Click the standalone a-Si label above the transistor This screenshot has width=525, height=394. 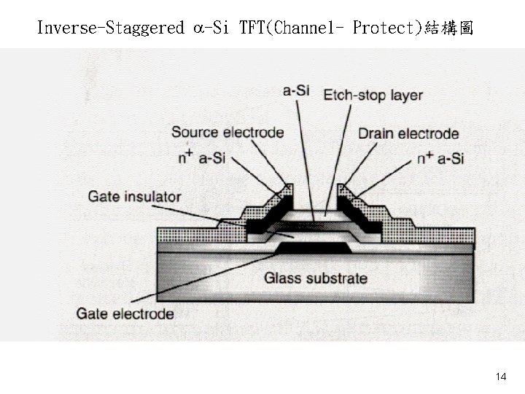pos(296,91)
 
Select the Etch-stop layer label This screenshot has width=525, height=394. pos(373,95)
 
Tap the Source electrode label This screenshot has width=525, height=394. pos(227,132)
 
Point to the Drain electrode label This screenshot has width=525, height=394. pos(408,134)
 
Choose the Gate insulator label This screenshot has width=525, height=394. pos(135,196)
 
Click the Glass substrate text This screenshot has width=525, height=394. pos(316,278)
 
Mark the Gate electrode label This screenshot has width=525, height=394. pos(125,314)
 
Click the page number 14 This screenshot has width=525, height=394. pos(500,376)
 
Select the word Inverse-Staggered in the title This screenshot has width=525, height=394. pos(110,28)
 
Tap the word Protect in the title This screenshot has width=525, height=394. pos(386,28)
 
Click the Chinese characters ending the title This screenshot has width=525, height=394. pos(450,28)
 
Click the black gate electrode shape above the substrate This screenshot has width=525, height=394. pos(314,248)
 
